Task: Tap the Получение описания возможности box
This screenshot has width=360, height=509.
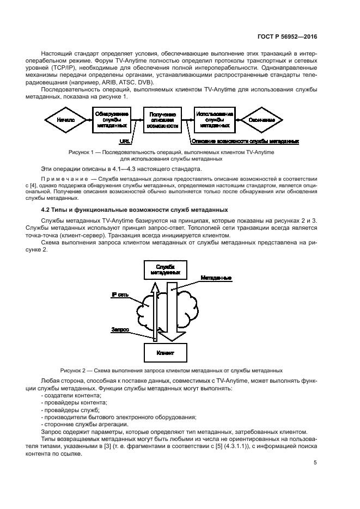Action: point(162,120)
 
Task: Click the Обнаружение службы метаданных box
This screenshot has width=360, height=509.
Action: point(112,120)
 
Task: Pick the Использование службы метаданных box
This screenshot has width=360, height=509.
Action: point(214,120)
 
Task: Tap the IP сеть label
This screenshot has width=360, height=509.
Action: point(120,295)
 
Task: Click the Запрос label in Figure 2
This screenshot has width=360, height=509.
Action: point(120,329)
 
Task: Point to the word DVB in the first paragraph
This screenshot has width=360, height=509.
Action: point(145,82)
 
